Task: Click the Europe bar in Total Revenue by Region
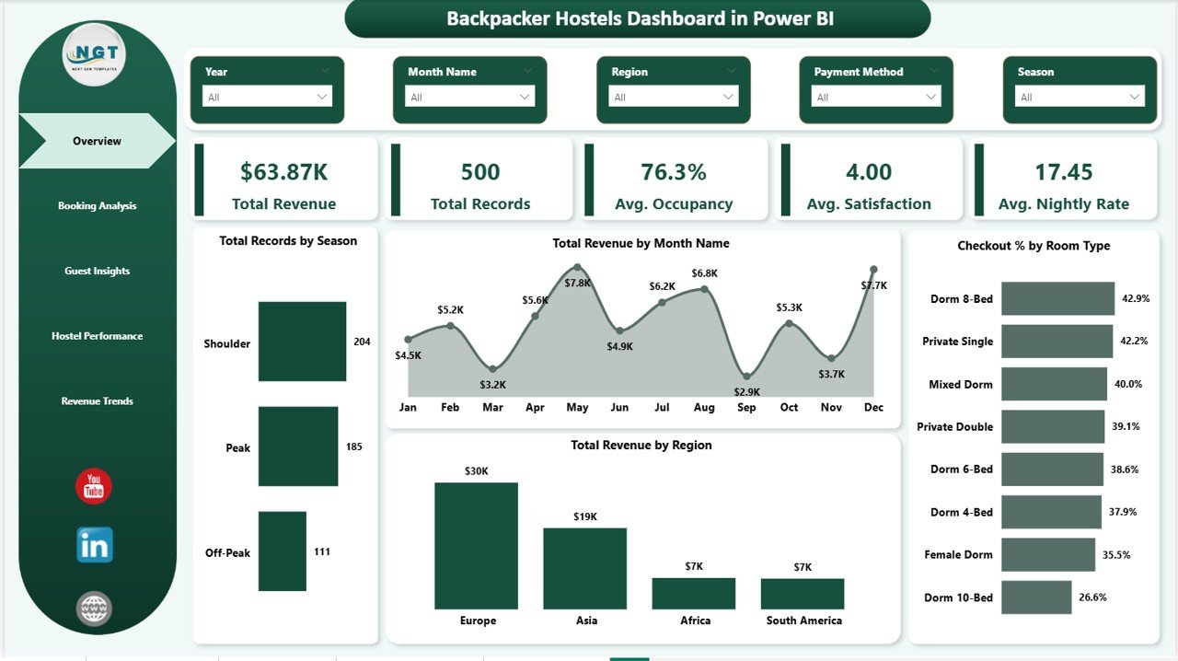tap(476, 545)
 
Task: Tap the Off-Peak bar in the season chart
tap(282, 551)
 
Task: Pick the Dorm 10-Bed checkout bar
tap(1036, 597)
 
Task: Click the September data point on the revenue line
tap(747, 377)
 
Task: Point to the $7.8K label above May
tap(578, 283)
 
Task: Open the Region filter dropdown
tap(673, 97)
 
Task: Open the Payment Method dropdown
tap(876, 97)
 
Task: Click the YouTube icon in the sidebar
tap(94, 487)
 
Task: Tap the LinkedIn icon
tap(94, 545)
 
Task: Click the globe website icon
tap(94, 609)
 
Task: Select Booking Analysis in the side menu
tap(97, 206)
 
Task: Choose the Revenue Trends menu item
tap(97, 401)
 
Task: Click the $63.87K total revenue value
tap(283, 172)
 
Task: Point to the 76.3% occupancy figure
tap(674, 172)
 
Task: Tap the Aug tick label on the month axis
tap(704, 407)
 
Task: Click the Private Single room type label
tap(957, 342)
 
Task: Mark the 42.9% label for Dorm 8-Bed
tap(1135, 299)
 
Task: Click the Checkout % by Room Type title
tap(1034, 246)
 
